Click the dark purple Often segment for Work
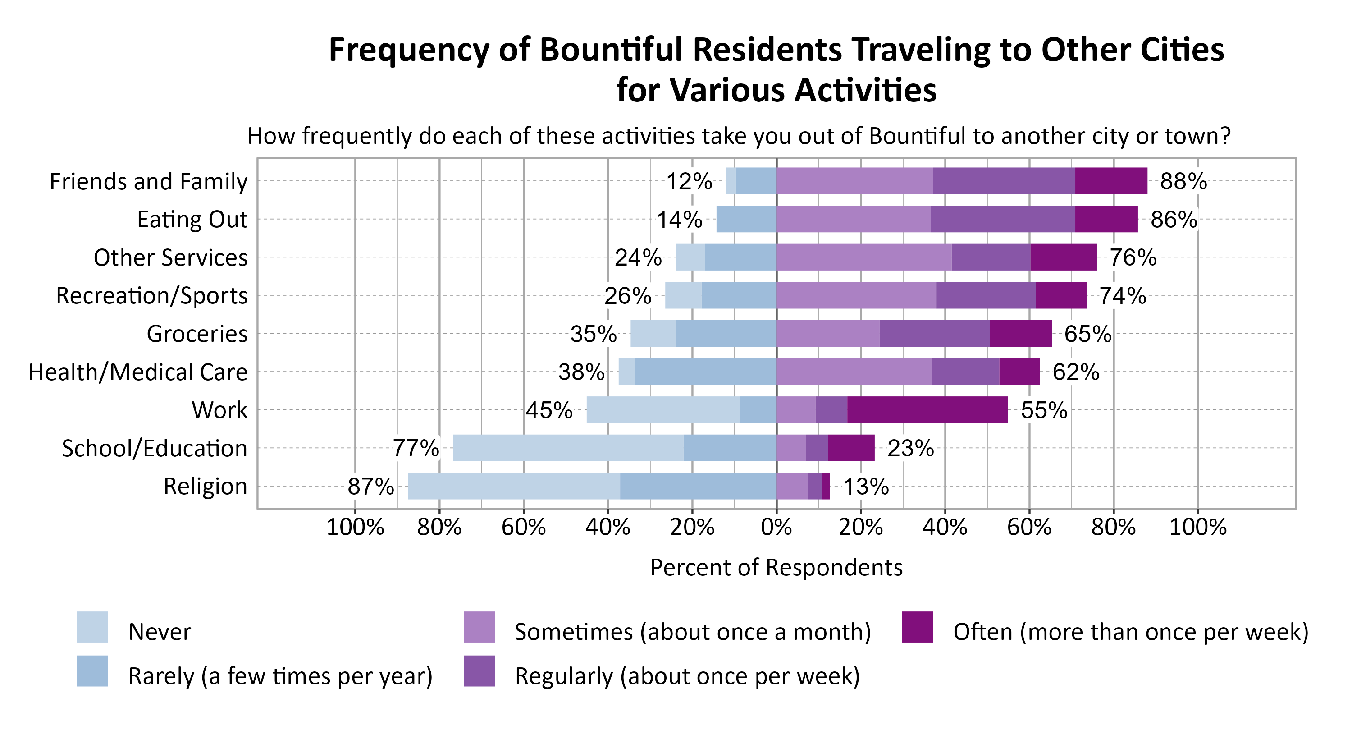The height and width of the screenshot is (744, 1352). click(927, 409)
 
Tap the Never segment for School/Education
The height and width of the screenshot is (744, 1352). click(568, 448)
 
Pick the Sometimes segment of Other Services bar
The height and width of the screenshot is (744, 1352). click(863, 257)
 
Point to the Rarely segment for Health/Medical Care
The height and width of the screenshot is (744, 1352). click(705, 372)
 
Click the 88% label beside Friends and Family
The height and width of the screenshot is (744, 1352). click(1183, 181)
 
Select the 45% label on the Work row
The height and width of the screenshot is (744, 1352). click(548, 410)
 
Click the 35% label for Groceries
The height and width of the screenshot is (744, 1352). click(593, 334)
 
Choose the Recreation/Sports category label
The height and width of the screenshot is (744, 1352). click(152, 296)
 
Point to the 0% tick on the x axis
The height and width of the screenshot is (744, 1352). click(776, 527)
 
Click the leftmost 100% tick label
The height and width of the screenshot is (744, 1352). click(355, 527)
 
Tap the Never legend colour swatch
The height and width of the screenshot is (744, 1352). click(92, 626)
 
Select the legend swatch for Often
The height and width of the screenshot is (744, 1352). click(918, 626)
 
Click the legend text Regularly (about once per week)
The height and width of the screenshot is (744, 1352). click(687, 676)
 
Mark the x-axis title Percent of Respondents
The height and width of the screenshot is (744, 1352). click(776, 568)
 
